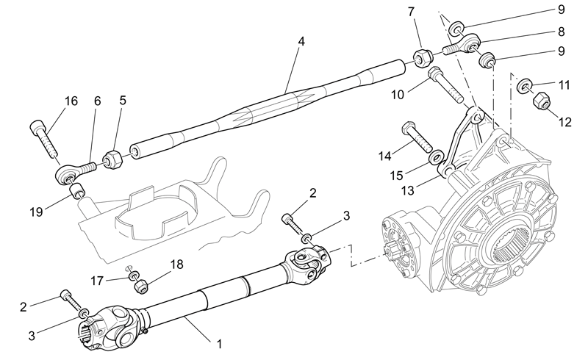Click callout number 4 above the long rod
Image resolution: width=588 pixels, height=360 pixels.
pyautogui.click(x=301, y=41)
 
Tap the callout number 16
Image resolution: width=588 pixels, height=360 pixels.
pyautogui.click(x=71, y=101)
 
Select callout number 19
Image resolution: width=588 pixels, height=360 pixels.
pyautogui.click(x=36, y=212)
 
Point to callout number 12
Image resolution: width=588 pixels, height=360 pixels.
pyautogui.click(x=565, y=122)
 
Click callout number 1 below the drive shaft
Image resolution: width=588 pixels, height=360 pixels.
pyautogui.click(x=219, y=344)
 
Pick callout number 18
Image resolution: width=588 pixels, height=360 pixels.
pyautogui.click(x=176, y=264)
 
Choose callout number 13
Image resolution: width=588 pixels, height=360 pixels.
pyautogui.click(x=408, y=190)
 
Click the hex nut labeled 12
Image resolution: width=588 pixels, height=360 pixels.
pyautogui.click(x=541, y=100)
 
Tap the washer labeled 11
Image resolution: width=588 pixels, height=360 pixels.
pyautogui.click(x=524, y=86)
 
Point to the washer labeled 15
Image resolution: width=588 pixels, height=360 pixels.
pyautogui.click(x=436, y=157)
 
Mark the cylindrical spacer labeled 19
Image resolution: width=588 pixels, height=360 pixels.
pyautogui.click(x=76, y=190)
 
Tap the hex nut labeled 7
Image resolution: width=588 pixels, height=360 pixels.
pyautogui.click(x=423, y=58)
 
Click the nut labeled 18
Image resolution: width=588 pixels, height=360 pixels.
pyautogui.click(x=141, y=287)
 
